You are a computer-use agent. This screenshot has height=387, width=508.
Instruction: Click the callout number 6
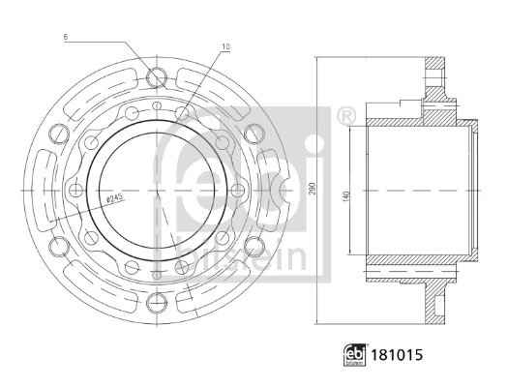tap(66, 37)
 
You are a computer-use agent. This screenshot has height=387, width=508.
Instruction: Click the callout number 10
tap(225, 47)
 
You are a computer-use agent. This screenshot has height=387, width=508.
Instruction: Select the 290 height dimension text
tap(313, 189)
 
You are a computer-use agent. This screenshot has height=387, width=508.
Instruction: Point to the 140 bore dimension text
tap(345, 197)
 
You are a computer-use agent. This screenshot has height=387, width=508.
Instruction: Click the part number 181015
tap(397, 355)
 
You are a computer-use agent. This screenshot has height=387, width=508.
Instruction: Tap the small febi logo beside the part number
tap(354, 355)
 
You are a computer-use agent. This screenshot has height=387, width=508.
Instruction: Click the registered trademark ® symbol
tap(346, 115)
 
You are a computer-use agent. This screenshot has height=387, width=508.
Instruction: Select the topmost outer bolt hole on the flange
tap(157, 77)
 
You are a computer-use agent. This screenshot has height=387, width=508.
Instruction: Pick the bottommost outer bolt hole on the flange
tap(157, 303)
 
